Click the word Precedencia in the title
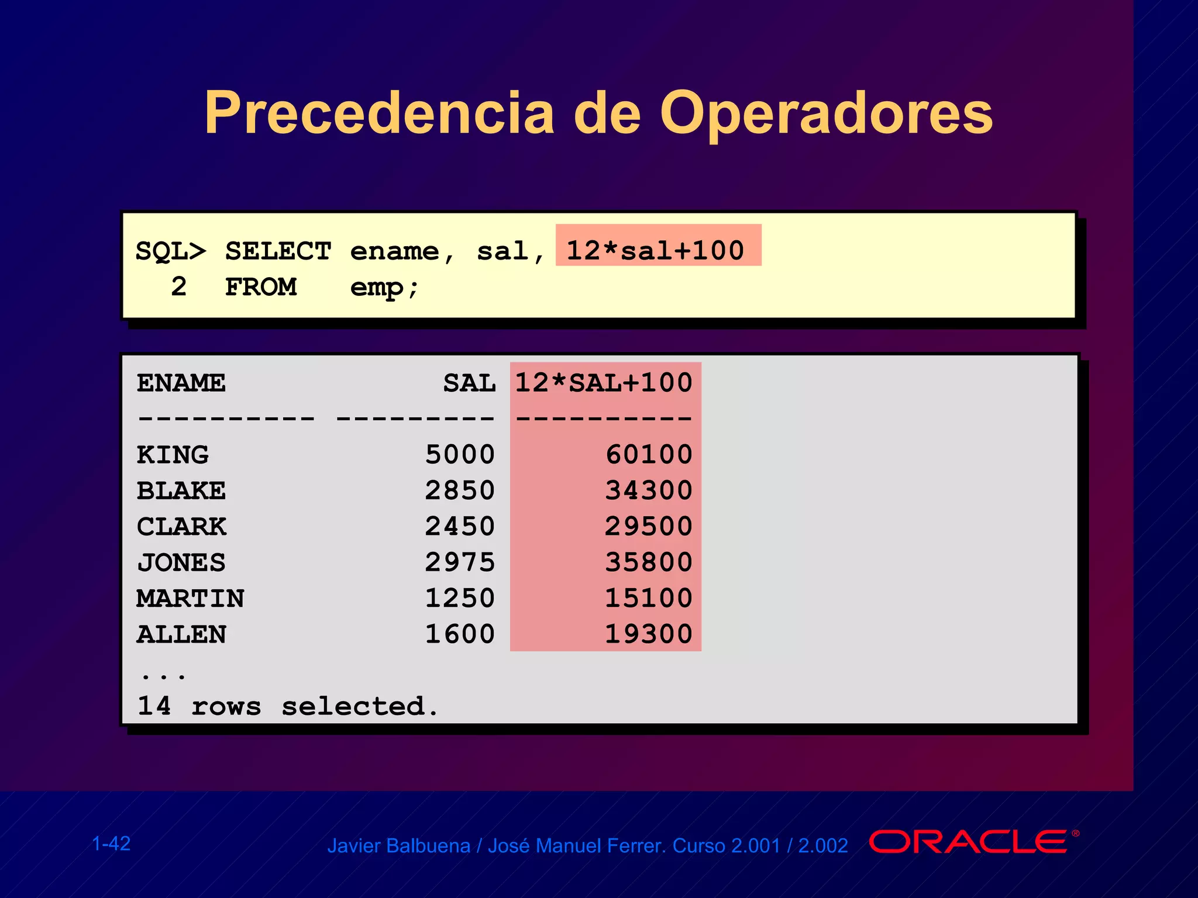pos(379,113)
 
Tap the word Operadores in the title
pos(826,115)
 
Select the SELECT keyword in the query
pos(278,251)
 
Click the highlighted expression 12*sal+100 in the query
pos(656,251)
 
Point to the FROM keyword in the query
pos(261,287)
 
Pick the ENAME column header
pos(181,384)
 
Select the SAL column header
pos(469,384)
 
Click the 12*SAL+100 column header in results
pos(604,384)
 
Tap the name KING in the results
pos(173,455)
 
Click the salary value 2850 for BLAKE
pos(460,491)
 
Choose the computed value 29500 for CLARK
pos(649,526)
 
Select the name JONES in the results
pos(181,562)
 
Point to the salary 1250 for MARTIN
pos(460,598)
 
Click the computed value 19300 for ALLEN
pos(649,634)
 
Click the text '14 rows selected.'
pos(287,706)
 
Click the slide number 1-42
pos(111,844)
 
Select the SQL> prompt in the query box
pos(170,251)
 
